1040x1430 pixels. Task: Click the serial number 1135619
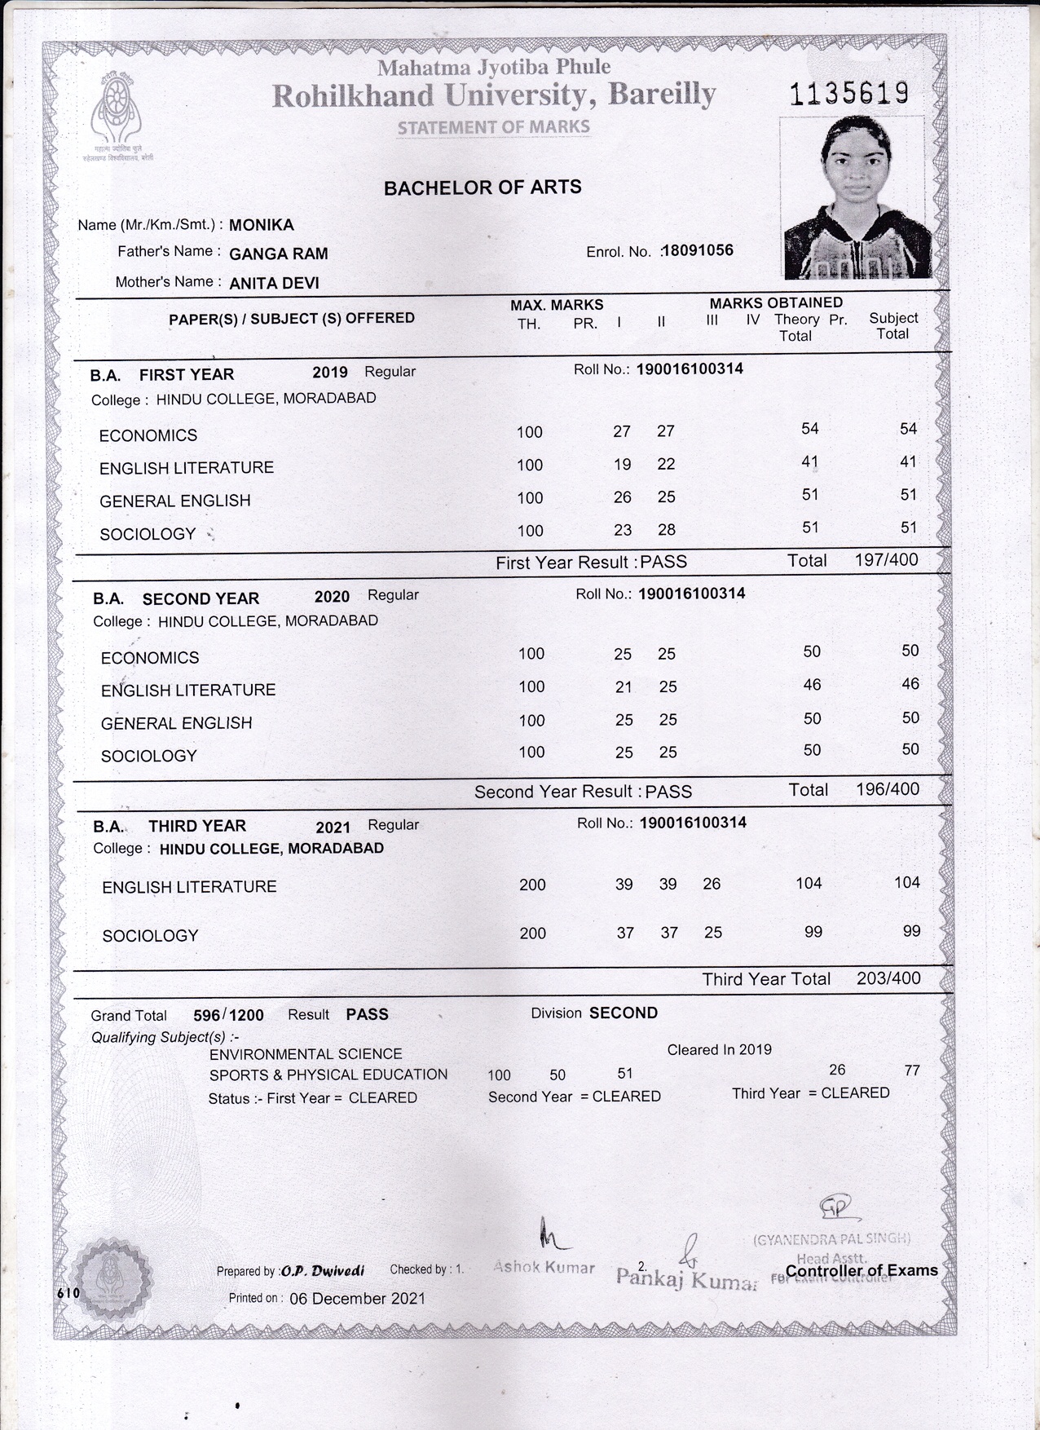(848, 95)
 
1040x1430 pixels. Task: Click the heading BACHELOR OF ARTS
(483, 188)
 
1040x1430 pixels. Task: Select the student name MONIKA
(262, 225)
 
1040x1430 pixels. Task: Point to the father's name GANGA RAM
(279, 254)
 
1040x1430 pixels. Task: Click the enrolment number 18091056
(698, 250)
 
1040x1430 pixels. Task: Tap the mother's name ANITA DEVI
(274, 284)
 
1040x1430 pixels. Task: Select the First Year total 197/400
(886, 560)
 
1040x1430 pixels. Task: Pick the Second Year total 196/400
(887, 789)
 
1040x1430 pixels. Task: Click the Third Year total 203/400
(888, 978)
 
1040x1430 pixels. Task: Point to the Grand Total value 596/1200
(228, 1015)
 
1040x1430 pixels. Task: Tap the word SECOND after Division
(624, 1013)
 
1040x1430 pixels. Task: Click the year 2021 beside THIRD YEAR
(333, 827)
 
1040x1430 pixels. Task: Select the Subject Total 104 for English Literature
(906, 883)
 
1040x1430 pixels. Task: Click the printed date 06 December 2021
(357, 1298)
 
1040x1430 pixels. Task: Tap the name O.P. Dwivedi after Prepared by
(323, 1270)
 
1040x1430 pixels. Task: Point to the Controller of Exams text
(862, 1270)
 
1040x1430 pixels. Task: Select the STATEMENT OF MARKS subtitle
(493, 127)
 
